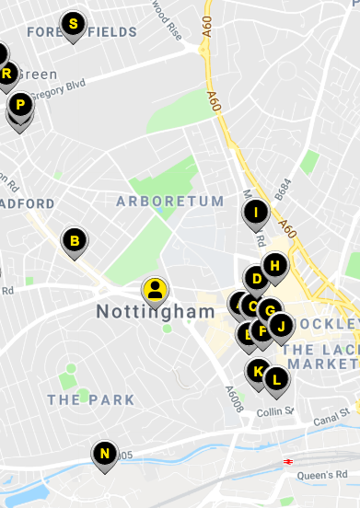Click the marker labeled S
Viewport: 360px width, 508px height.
[74, 25]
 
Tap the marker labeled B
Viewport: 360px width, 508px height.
[75, 242]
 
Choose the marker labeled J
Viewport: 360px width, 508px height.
[281, 325]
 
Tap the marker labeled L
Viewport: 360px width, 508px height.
[275, 378]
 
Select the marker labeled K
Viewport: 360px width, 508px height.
[259, 373]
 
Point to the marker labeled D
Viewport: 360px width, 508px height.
[257, 279]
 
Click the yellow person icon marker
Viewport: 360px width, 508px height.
[155, 291]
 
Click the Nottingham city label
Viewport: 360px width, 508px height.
[155, 312]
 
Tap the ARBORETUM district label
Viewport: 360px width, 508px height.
[169, 201]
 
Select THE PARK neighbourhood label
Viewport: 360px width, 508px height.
[91, 400]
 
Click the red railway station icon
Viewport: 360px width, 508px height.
[289, 460]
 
